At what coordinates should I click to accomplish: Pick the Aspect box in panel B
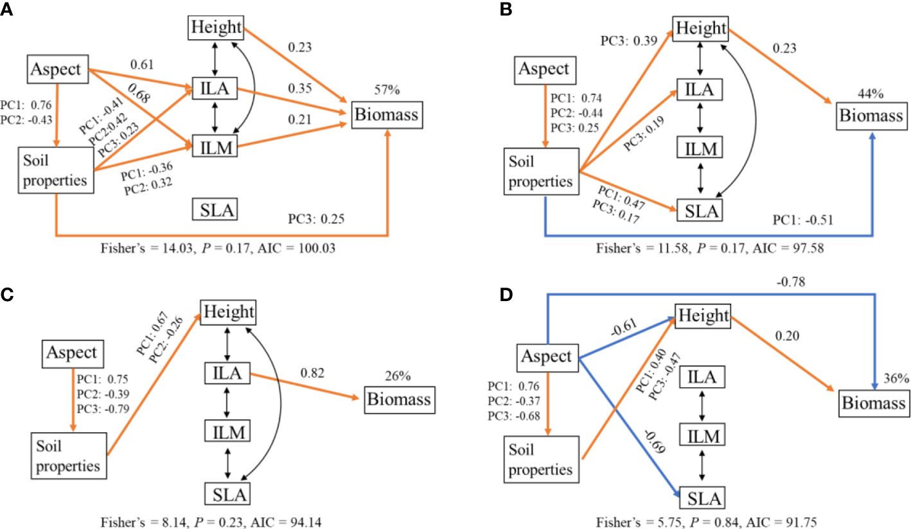pos(545,70)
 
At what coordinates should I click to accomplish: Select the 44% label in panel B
pos(872,94)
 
